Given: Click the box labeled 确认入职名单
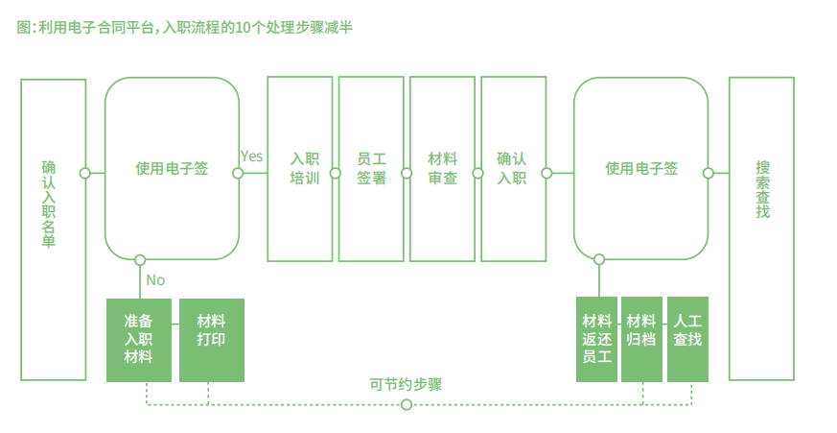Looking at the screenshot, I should (x=53, y=229).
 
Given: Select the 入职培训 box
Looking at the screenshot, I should (x=300, y=169).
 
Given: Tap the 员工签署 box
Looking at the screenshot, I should (x=371, y=169).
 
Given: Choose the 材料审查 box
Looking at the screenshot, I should (x=442, y=169).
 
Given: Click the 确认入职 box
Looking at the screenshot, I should (x=513, y=169).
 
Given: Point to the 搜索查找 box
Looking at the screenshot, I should (x=761, y=229).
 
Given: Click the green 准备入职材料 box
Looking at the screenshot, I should (x=139, y=340).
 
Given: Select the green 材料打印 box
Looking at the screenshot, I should (x=212, y=340).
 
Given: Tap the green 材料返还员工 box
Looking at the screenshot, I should (x=596, y=340).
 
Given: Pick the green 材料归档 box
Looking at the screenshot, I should (x=641, y=340).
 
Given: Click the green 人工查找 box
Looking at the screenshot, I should (x=687, y=340).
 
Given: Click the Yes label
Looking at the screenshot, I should (x=251, y=156).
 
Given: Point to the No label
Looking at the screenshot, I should (x=155, y=280).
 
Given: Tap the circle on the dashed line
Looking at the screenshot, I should (x=407, y=404).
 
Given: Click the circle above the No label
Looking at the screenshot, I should (x=140, y=260).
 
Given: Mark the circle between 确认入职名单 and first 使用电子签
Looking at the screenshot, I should (x=85, y=174).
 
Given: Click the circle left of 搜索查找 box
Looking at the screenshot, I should (x=709, y=174).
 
